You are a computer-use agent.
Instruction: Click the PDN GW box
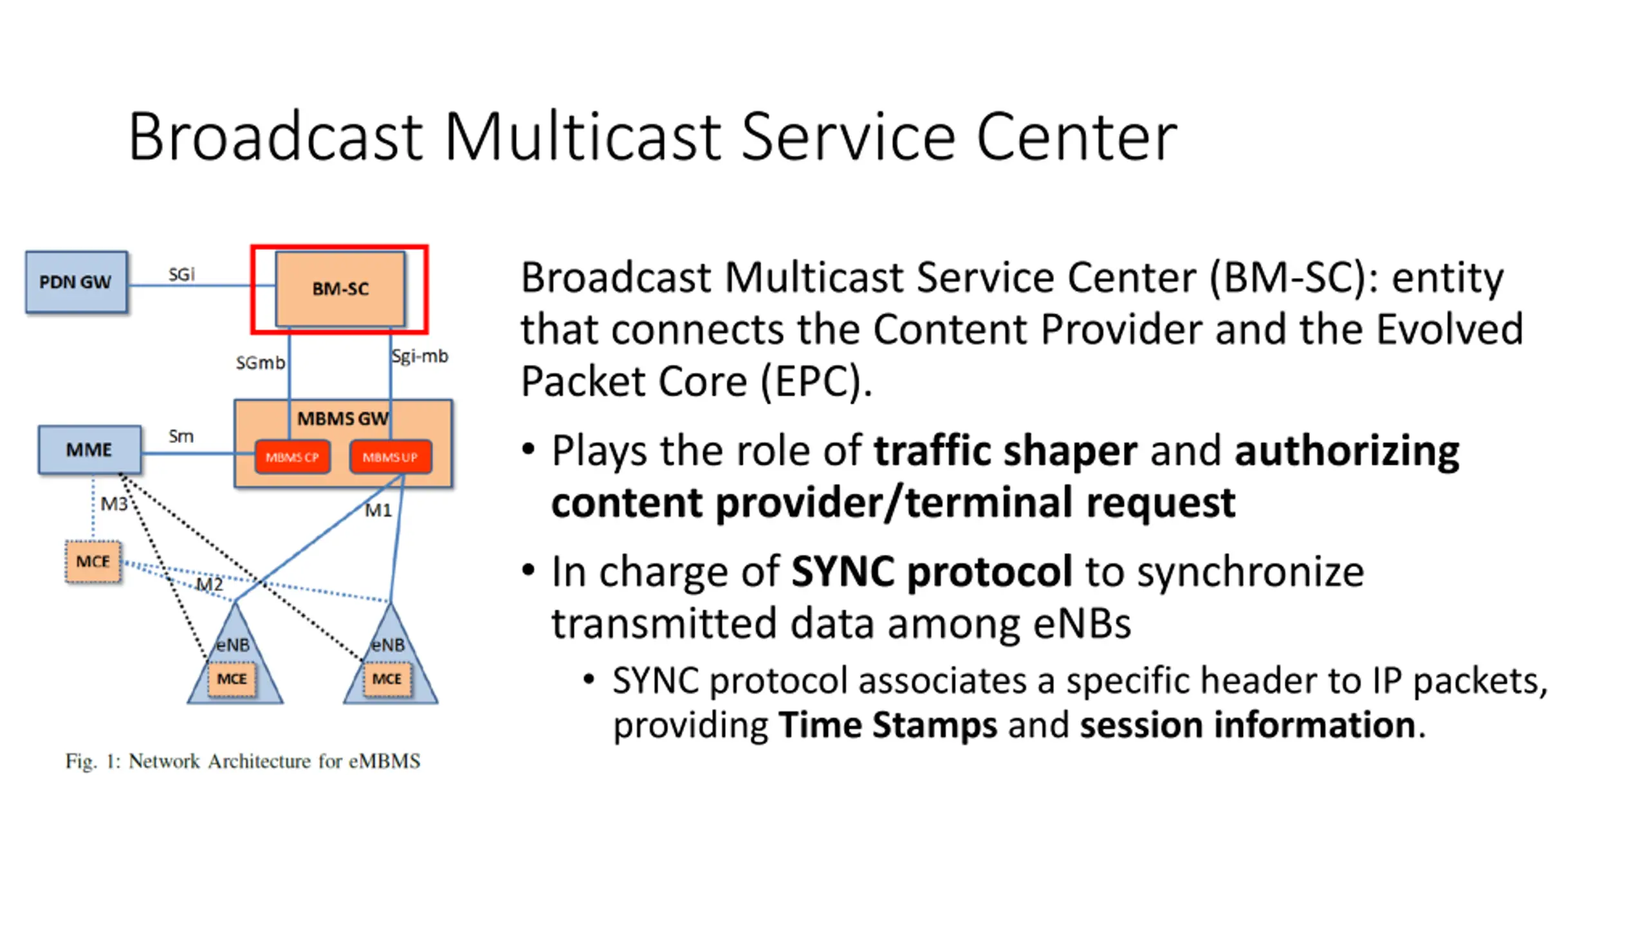click(x=76, y=282)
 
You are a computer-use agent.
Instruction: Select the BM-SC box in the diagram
click(x=340, y=289)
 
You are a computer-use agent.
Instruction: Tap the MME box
click(x=89, y=449)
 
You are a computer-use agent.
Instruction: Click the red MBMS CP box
click(x=293, y=457)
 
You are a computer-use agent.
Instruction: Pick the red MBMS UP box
click(x=390, y=457)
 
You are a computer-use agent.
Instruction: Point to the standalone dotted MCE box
click(x=93, y=561)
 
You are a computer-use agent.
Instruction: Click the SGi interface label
click(x=181, y=274)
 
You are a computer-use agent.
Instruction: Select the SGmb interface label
click(x=260, y=363)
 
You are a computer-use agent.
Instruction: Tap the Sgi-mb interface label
click(x=420, y=355)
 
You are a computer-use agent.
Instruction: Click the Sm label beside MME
click(x=181, y=436)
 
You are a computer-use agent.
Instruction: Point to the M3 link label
click(x=114, y=503)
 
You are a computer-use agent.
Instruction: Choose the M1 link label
click(x=378, y=510)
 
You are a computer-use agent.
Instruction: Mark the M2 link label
click(x=209, y=585)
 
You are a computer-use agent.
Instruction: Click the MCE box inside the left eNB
click(x=232, y=679)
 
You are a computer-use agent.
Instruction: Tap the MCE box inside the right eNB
click(x=387, y=679)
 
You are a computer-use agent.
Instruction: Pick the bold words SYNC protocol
click(x=931, y=571)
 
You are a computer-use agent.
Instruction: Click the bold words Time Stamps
click(x=887, y=725)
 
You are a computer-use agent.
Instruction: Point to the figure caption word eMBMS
click(x=384, y=761)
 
